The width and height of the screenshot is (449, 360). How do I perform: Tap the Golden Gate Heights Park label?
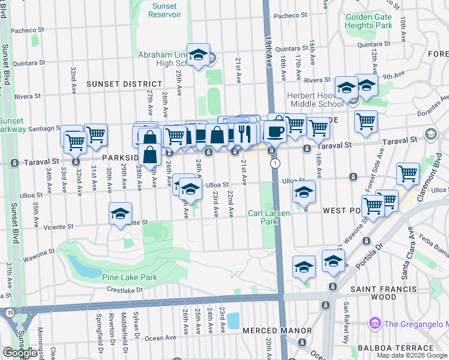point(369,21)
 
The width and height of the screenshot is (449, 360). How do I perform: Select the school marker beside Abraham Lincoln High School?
point(198,55)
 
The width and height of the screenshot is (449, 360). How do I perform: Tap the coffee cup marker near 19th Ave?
point(276,131)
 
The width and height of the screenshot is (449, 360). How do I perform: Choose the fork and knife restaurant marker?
point(244,133)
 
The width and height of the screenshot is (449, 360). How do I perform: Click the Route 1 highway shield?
point(274,163)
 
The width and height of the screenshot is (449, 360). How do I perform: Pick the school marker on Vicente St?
point(120,214)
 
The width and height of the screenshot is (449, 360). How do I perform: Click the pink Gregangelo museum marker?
point(375,323)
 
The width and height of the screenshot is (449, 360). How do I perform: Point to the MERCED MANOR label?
point(277,331)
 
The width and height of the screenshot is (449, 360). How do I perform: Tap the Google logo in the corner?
point(20,353)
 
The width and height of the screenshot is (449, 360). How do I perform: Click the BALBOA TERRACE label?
point(391,347)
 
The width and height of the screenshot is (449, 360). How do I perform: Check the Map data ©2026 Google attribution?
point(412,355)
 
